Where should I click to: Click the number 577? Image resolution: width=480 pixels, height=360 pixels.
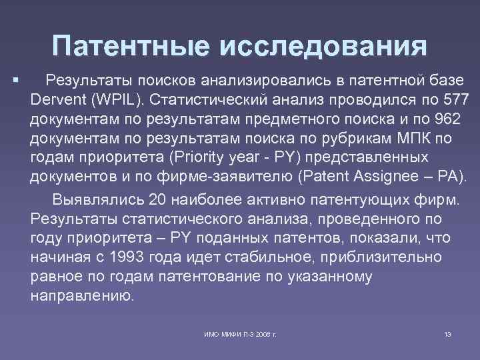click(x=457, y=99)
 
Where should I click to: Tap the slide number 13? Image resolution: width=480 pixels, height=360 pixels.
click(x=447, y=333)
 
